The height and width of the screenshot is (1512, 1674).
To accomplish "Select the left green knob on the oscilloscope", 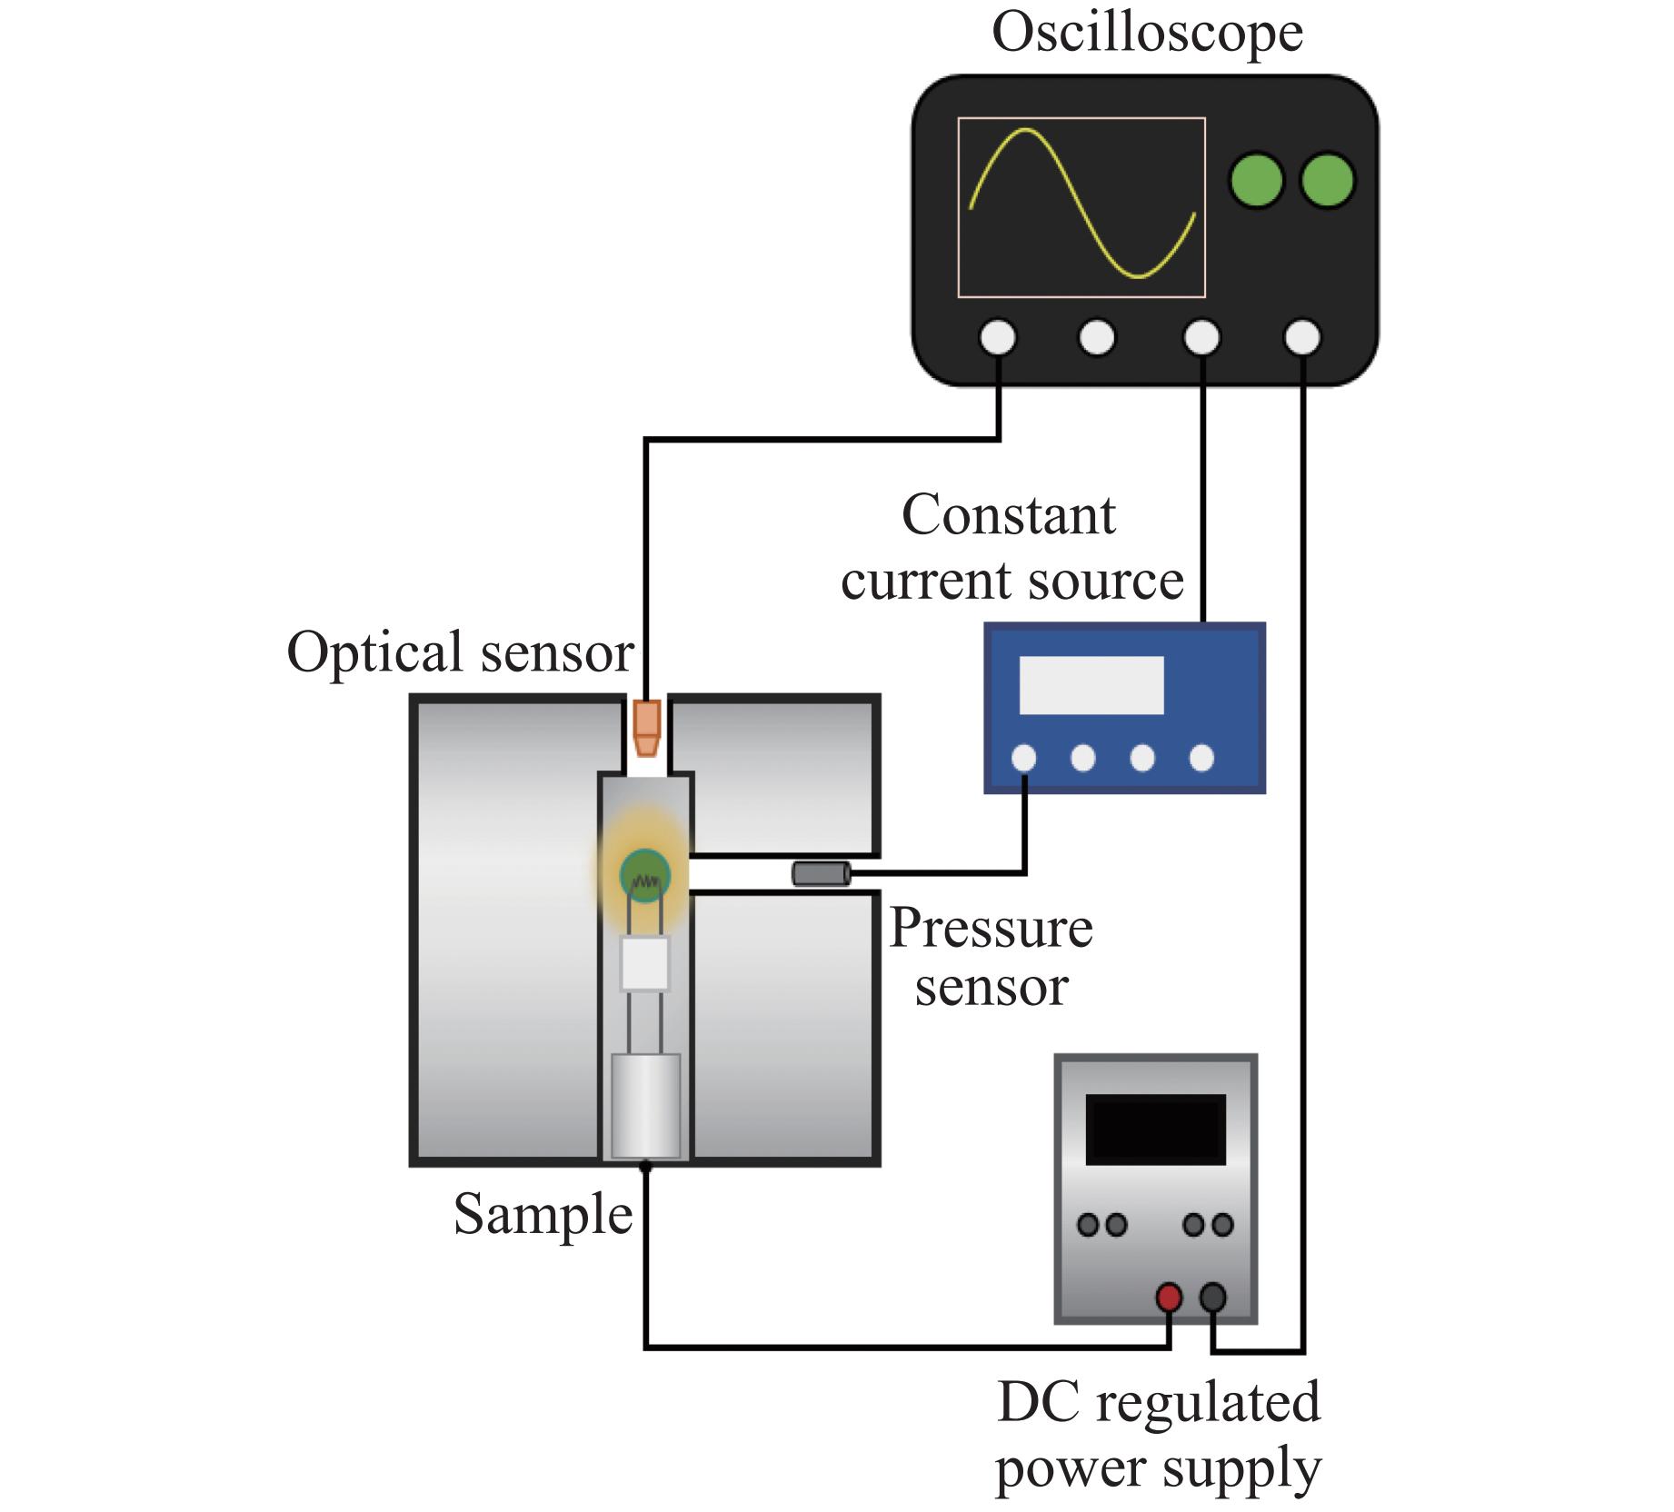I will pyautogui.click(x=1256, y=180).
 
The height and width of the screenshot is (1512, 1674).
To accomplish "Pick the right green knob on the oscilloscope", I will pyautogui.click(x=1328, y=180).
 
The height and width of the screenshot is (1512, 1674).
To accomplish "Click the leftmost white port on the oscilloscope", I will pyautogui.click(x=998, y=338).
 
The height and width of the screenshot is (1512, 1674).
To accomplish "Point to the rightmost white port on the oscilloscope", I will pyautogui.click(x=1301, y=338).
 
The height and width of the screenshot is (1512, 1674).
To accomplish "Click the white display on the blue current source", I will pyautogui.click(x=1091, y=684).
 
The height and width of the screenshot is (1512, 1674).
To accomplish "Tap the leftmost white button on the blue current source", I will pyautogui.click(x=1023, y=758).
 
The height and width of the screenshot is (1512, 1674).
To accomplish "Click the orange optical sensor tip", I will pyautogui.click(x=646, y=728).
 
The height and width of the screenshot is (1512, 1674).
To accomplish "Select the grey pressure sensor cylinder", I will pyautogui.click(x=821, y=874).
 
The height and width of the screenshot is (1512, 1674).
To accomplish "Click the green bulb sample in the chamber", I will pyautogui.click(x=645, y=876).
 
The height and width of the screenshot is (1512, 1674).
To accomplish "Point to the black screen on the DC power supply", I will pyautogui.click(x=1155, y=1129).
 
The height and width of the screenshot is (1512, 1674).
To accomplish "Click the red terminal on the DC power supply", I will pyautogui.click(x=1168, y=1298).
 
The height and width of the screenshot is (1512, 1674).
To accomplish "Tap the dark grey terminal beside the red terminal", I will pyautogui.click(x=1213, y=1298).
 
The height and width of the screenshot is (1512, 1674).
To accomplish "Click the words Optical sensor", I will pyautogui.click(x=460, y=652).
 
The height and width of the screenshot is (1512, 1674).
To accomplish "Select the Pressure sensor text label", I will pyautogui.click(x=991, y=957).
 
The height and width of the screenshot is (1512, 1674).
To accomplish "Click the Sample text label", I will pyautogui.click(x=543, y=1214).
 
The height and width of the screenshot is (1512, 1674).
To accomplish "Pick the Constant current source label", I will pyautogui.click(x=1011, y=548).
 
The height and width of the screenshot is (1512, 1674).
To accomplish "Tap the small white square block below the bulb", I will pyautogui.click(x=645, y=964).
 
